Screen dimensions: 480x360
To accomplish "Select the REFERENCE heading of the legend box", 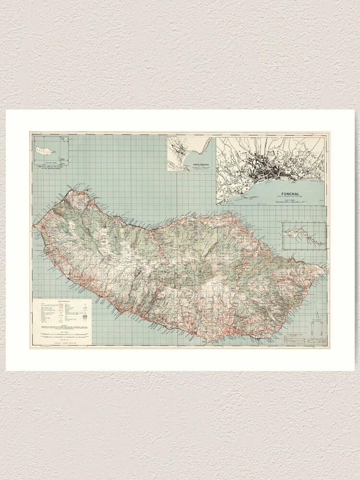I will click(x=64, y=300).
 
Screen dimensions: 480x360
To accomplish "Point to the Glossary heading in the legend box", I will click(x=64, y=324).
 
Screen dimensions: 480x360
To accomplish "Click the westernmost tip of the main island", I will click(x=33, y=226).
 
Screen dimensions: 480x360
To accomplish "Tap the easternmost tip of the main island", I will click(x=325, y=270).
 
